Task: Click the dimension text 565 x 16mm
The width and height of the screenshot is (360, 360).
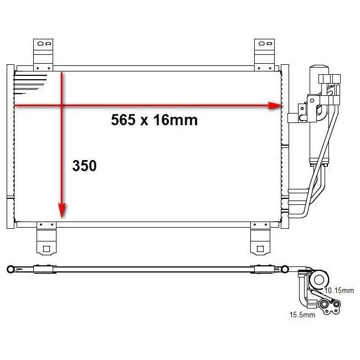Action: coord(154,120)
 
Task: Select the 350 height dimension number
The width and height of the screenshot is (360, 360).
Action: coord(84,165)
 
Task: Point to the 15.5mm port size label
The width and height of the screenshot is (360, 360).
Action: coord(301,315)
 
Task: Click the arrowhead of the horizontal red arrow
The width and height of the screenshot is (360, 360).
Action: coord(276,105)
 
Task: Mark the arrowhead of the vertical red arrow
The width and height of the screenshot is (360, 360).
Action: coord(62,210)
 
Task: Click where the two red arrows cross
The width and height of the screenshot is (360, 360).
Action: coord(62,105)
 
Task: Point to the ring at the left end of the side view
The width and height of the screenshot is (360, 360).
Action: coord(9,270)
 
